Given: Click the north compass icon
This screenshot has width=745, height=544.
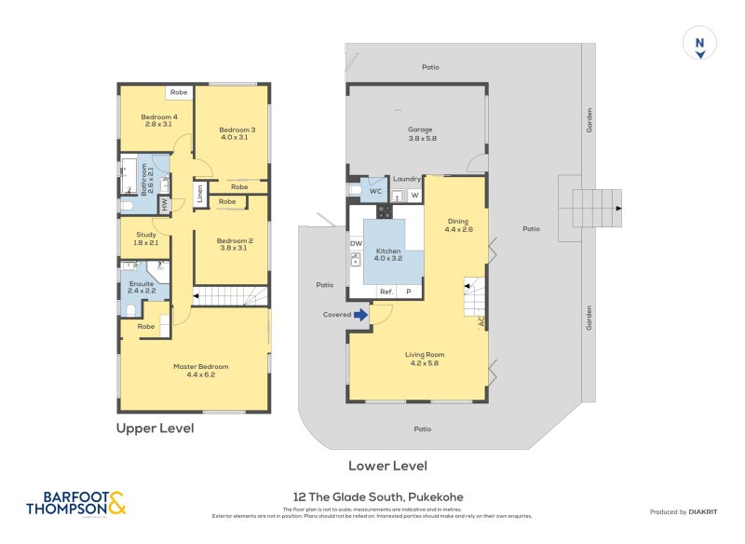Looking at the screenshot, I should click(699, 44).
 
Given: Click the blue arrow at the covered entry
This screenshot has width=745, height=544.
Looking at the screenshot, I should click(360, 315).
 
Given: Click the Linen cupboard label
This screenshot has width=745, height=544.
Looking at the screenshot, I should click(199, 195).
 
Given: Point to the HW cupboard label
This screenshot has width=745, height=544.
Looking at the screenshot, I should click(164, 203).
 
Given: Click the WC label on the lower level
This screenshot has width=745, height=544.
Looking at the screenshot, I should click(375, 191).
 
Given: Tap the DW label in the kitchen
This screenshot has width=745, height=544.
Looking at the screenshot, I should click(355, 244).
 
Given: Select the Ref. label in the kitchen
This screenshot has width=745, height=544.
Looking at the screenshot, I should click(386, 292).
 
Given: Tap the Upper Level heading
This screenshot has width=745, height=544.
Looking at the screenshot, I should click(155, 428).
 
